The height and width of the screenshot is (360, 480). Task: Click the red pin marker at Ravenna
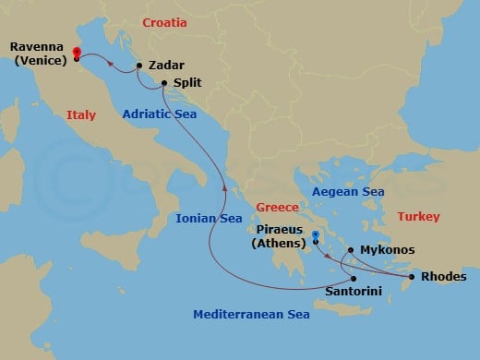coord(76,54)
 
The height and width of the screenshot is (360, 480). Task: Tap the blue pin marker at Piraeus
coord(316,236)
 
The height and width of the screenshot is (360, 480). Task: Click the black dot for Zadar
coord(138,66)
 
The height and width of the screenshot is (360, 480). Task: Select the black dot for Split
coord(163,82)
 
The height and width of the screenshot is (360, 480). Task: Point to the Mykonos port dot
coord(350,249)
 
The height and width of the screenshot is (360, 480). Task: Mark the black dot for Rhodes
coord(411,276)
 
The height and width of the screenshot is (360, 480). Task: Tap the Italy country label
coord(81,114)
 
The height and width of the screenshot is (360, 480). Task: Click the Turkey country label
coord(418,216)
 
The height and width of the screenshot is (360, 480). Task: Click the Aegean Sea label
coord(347,191)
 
